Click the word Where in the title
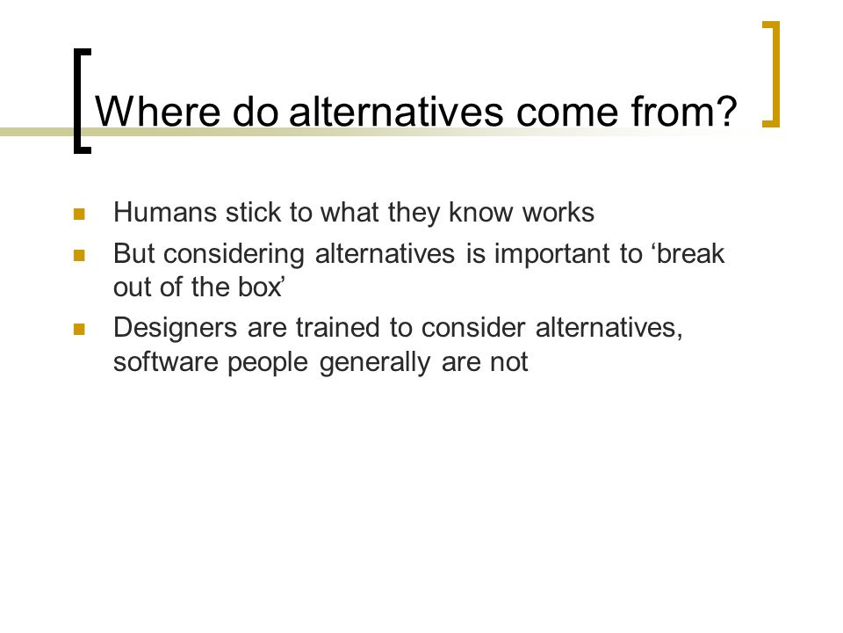point(157,112)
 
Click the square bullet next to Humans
point(79,215)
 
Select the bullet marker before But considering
point(79,255)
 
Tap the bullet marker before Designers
point(79,329)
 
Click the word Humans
point(165,212)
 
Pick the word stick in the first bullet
point(253,212)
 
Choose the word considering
point(234,254)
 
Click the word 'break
point(689,253)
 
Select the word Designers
point(176,328)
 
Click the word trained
point(337,327)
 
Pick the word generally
point(375,362)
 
